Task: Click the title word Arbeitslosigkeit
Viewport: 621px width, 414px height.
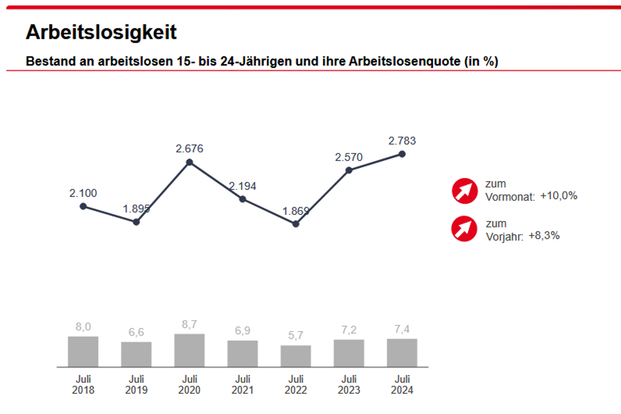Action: (x=101, y=32)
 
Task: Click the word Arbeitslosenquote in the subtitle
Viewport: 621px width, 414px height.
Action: (x=405, y=61)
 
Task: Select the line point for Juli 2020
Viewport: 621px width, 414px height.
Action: (x=189, y=162)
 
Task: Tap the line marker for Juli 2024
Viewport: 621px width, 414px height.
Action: (x=402, y=154)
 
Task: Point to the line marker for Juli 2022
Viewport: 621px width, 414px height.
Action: (x=296, y=224)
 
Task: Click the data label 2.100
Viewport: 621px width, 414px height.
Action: (x=83, y=193)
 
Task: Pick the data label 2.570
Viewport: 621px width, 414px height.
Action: (x=349, y=157)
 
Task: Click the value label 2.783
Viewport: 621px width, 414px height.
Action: (x=402, y=141)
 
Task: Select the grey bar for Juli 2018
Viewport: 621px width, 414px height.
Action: (x=83, y=352)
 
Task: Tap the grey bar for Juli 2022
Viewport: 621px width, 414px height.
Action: (x=296, y=356)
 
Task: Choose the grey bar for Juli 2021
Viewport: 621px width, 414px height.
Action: (x=242, y=354)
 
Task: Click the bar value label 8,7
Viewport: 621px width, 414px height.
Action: (x=189, y=325)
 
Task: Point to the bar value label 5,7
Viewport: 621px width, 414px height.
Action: (x=296, y=335)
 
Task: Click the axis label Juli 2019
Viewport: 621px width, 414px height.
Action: (x=136, y=384)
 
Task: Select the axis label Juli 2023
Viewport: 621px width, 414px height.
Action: (x=349, y=384)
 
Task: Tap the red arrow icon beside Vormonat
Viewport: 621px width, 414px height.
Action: (x=465, y=191)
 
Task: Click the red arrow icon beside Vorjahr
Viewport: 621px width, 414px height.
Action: (x=464, y=229)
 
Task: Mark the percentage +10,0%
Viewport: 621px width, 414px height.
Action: (x=559, y=196)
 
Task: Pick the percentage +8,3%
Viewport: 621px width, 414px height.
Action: (x=544, y=236)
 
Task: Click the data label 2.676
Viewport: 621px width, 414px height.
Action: (x=189, y=149)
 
